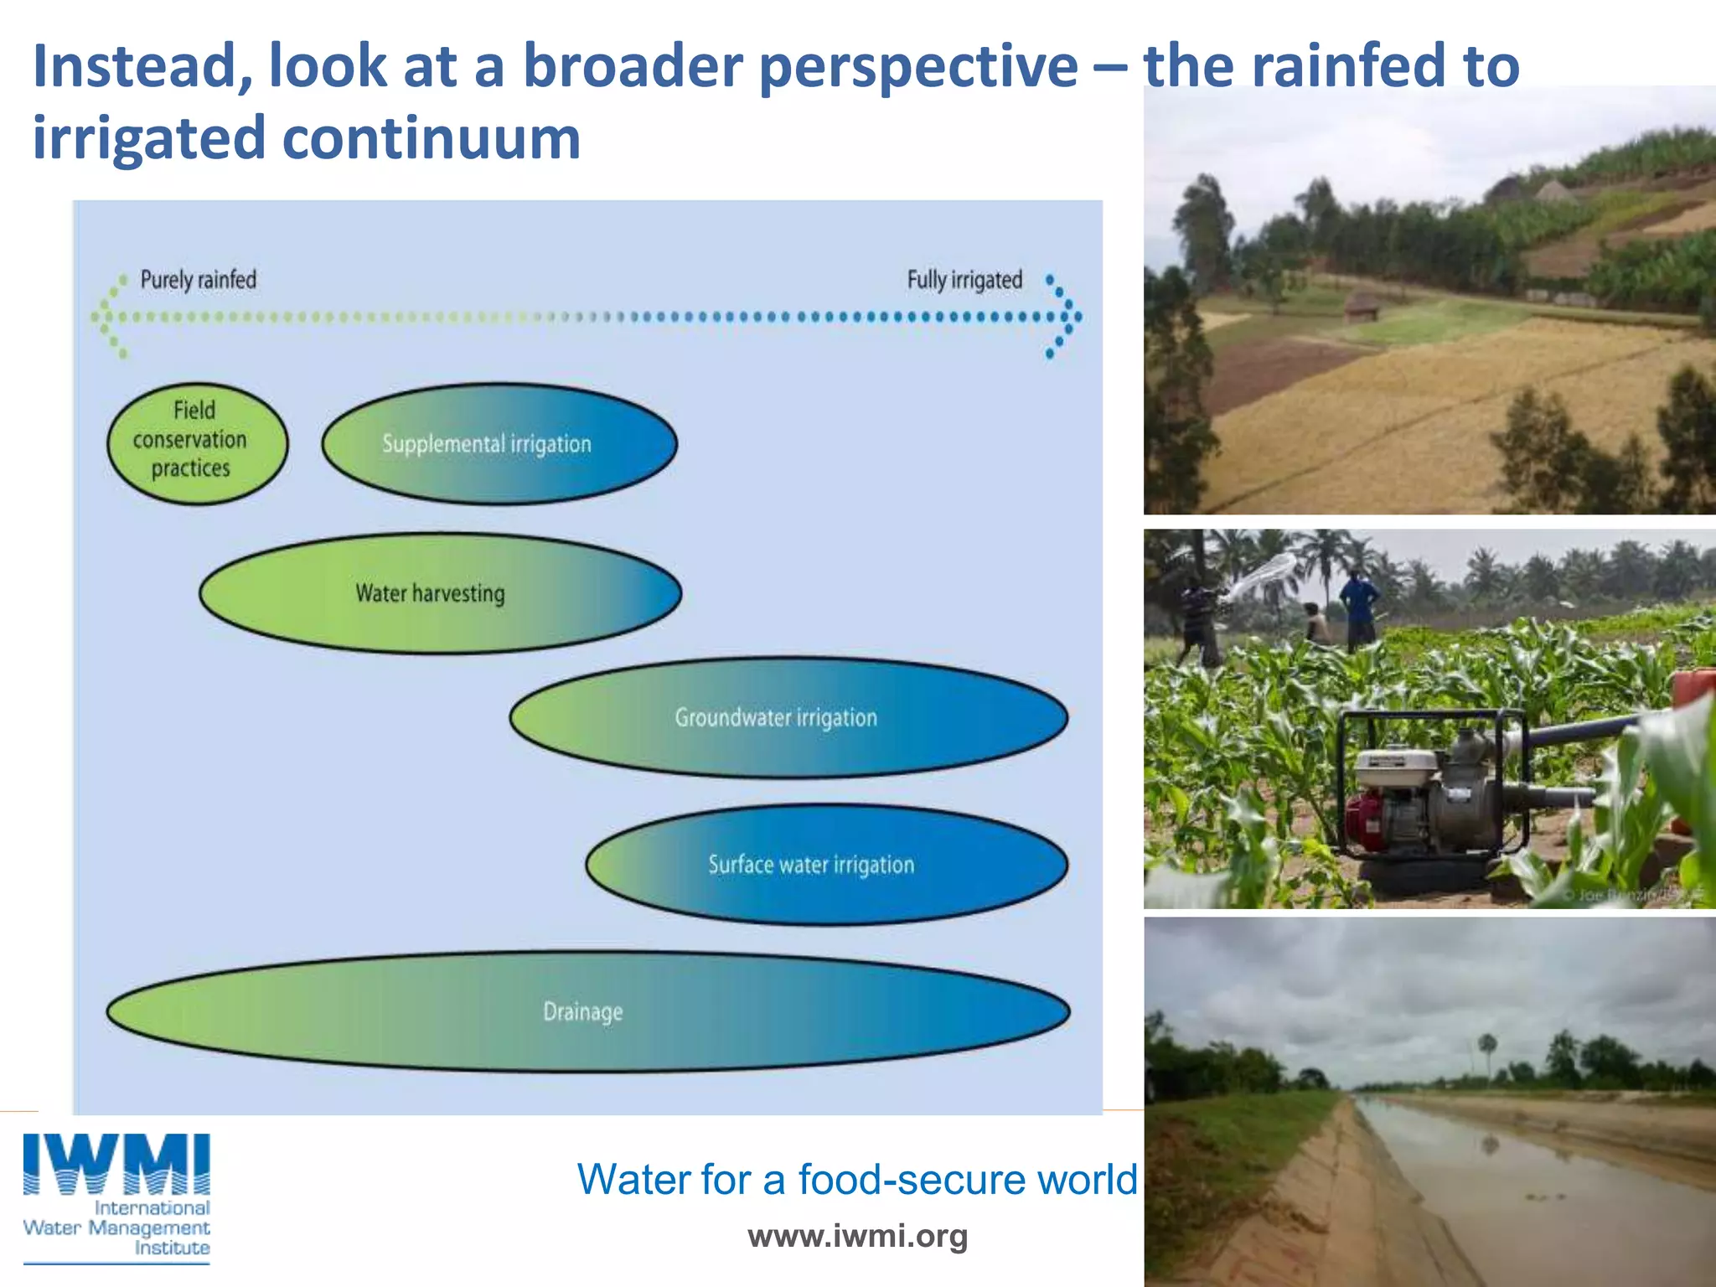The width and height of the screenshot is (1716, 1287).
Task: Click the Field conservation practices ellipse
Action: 197,443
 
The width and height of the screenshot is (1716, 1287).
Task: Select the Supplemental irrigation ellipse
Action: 499,443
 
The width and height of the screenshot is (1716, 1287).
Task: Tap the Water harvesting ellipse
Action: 440,593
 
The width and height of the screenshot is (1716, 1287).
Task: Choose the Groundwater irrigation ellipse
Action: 788,717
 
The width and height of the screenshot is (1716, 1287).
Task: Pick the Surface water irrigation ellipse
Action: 826,864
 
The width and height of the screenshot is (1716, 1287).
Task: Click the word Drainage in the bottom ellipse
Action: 583,1011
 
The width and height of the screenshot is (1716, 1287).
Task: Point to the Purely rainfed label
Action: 199,280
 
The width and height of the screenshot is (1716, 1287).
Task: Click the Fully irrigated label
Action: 964,280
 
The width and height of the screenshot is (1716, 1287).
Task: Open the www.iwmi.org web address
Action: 857,1236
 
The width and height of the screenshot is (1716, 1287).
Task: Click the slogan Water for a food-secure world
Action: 856,1179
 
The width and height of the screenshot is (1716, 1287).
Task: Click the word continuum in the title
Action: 432,138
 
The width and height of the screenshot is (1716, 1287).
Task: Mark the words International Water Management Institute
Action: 117,1228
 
